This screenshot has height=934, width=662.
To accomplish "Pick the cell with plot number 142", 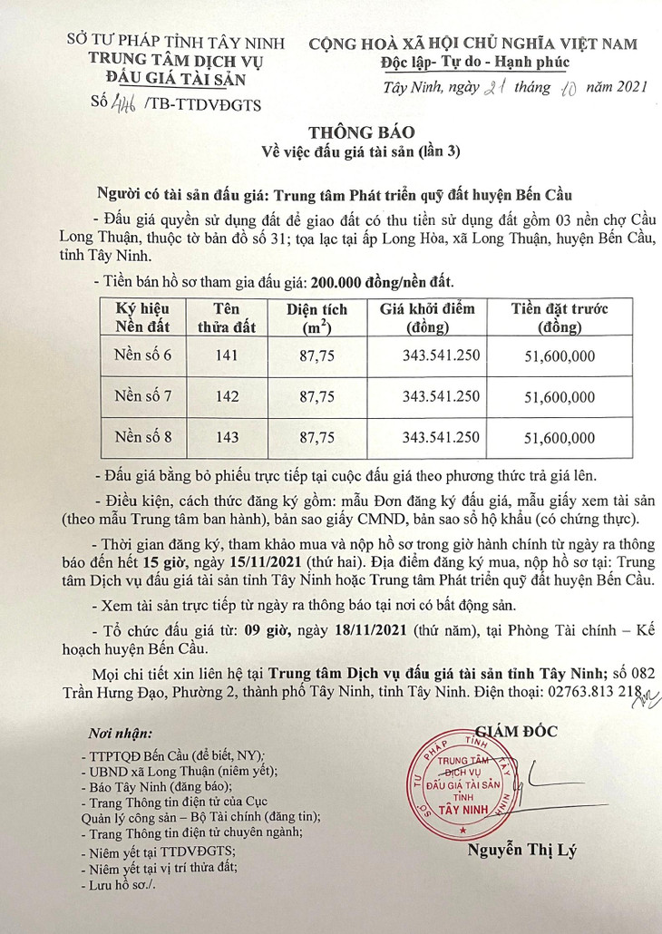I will pos(228,396).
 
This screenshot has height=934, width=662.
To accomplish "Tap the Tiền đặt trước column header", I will pos(560,317).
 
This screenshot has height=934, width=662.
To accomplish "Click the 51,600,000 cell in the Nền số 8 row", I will pos(560,438).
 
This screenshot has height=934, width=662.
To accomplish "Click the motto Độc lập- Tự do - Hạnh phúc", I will pos(474,63).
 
